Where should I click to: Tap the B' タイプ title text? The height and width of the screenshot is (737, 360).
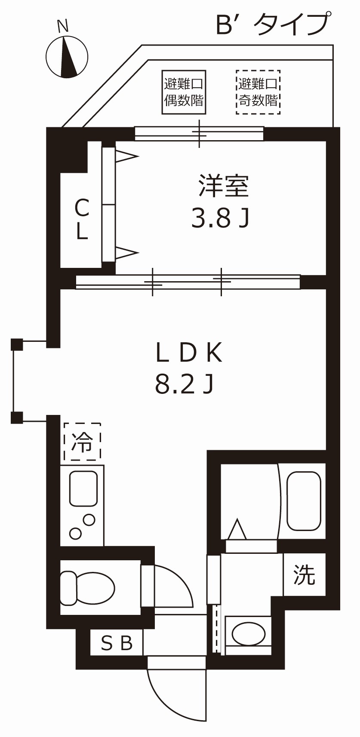[274, 25]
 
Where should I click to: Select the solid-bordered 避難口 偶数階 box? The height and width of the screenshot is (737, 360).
[184, 92]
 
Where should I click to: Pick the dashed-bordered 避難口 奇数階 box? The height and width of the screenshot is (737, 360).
[258, 92]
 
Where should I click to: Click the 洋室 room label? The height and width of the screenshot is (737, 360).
[223, 186]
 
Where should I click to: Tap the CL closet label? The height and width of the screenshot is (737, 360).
[82, 219]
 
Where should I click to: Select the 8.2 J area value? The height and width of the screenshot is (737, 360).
[184, 384]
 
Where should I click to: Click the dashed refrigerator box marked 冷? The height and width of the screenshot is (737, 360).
[82, 441]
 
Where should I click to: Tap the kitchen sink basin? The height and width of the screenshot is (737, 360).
[83, 488]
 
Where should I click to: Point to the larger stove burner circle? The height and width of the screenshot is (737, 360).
[89, 520]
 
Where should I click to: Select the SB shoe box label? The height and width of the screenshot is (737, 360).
[117, 643]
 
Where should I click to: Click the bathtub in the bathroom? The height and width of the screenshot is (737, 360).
[304, 501]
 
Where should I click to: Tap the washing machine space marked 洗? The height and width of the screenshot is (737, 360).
[304, 574]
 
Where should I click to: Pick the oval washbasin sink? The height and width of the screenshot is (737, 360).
[248, 633]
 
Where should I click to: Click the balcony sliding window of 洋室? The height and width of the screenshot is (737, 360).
[199, 133]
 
